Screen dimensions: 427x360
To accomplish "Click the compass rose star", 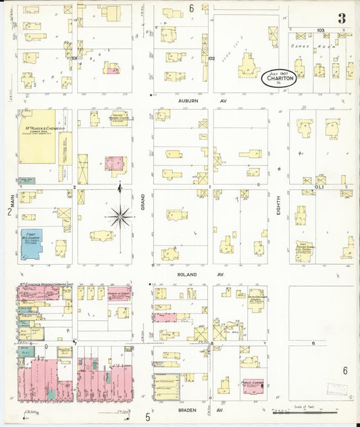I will [x=120, y=216].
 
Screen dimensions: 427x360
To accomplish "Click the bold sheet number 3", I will [x=342, y=19].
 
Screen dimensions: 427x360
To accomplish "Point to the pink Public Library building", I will [x=252, y=387].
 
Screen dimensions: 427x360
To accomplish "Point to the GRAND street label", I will [x=143, y=196].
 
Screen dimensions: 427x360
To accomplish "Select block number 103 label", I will [x=319, y=30].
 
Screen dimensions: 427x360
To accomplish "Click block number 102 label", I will [x=211, y=59].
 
